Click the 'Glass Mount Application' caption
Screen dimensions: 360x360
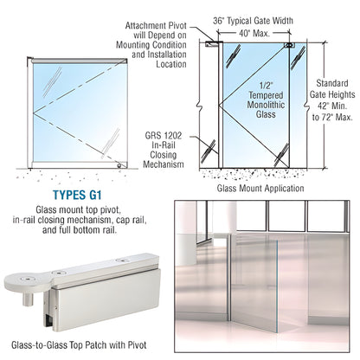click(260, 188)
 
